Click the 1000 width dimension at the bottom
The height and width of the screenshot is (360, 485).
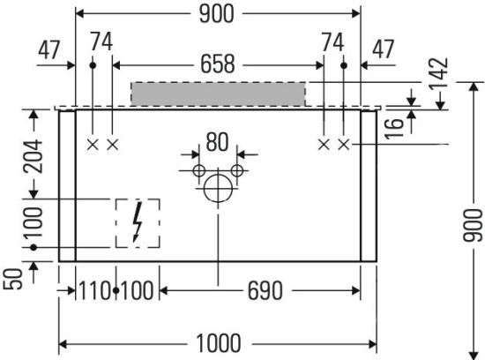click(219, 343)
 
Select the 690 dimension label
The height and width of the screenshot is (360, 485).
click(265, 290)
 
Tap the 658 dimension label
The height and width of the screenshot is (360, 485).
click(218, 64)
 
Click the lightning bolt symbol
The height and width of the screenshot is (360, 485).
click(138, 221)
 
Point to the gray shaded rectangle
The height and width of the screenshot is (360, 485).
click(218, 94)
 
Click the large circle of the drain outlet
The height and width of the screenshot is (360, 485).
click(218, 188)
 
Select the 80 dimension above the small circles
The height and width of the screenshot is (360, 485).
click(217, 142)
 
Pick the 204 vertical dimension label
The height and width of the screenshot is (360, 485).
click(34, 156)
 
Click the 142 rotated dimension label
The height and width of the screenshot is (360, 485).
click(438, 72)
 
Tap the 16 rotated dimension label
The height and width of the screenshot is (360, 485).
click(395, 128)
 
